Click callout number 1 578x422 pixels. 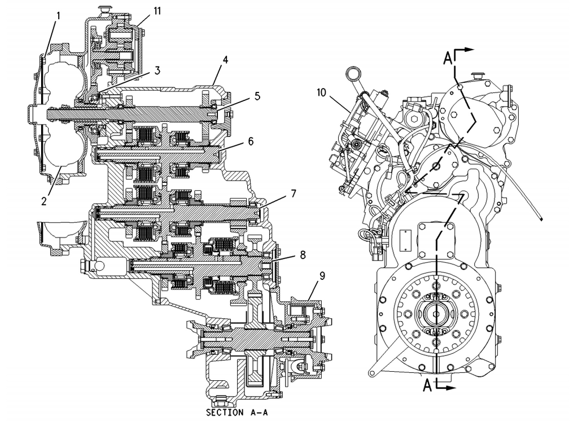tap(58, 16)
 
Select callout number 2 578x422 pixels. tap(44, 201)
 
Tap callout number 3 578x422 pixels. tap(157, 71)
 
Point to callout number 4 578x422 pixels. tap(225, 59)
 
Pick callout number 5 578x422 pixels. tap(257, 96)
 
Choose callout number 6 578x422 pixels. tap(251, 141)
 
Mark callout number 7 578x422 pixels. tap(293, 194)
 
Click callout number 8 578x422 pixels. tap(303, 254)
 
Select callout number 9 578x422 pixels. tap(322, 276)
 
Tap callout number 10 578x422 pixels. tap(321, 93)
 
